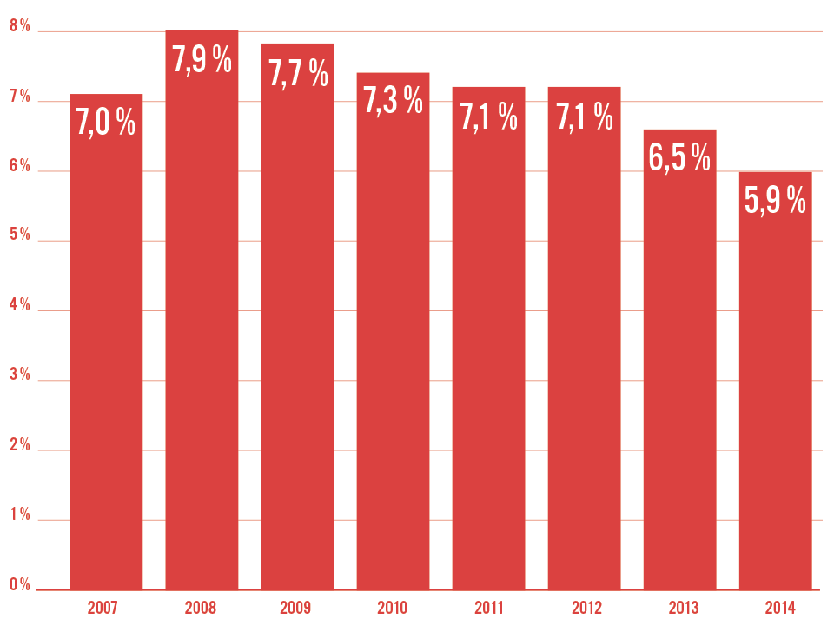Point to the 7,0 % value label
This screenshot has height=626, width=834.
[106, 123]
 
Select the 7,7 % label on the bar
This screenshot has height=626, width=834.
[298, 73]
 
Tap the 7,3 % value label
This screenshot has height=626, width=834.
[393, 101]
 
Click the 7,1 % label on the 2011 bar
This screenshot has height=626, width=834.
[488, 116]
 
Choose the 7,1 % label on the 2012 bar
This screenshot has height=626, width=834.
[584, 116]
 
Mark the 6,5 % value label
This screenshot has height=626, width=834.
[679, 158]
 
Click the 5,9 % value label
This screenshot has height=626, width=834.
[775, 201]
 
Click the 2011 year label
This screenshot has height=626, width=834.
[488, 607]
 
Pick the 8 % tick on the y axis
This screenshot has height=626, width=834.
[19, 27]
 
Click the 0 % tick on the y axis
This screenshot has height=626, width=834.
[19, 585]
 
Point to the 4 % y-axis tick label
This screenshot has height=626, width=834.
[19, 306]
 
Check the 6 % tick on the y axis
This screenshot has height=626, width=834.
[19, 167]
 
